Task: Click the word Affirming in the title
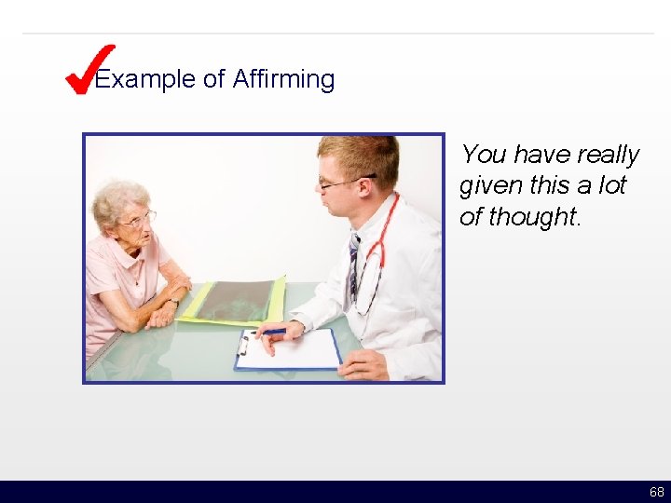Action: tap(283, 80)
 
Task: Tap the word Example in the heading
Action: tap(145, 80)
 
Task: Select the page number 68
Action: tap(657, 492)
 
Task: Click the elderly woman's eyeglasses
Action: tap(140, 220)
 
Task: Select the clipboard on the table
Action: tap(289, 350)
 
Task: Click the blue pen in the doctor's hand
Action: tap(272, 332)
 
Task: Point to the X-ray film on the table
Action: tap(233, 301)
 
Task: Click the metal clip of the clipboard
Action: tap(243, 345)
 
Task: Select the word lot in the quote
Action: tap(610, 185)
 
